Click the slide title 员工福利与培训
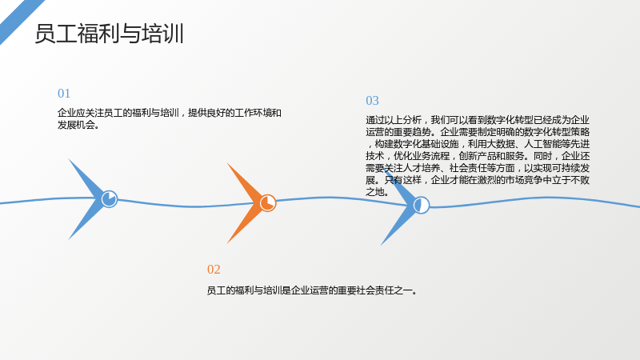(x=109, y=34)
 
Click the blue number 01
(x=64, y=94)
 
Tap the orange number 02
(x=214, y=270)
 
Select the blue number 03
(x=372, y=101)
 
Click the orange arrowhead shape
(x=247, y=203)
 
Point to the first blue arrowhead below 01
(x=89, y=198)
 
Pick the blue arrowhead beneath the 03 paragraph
(x=402, y=206)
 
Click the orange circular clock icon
(x=268, y=203)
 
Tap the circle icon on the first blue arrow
(x=110, y=198)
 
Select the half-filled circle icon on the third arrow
(x=422, y=205)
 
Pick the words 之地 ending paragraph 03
(x=374, y=192)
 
